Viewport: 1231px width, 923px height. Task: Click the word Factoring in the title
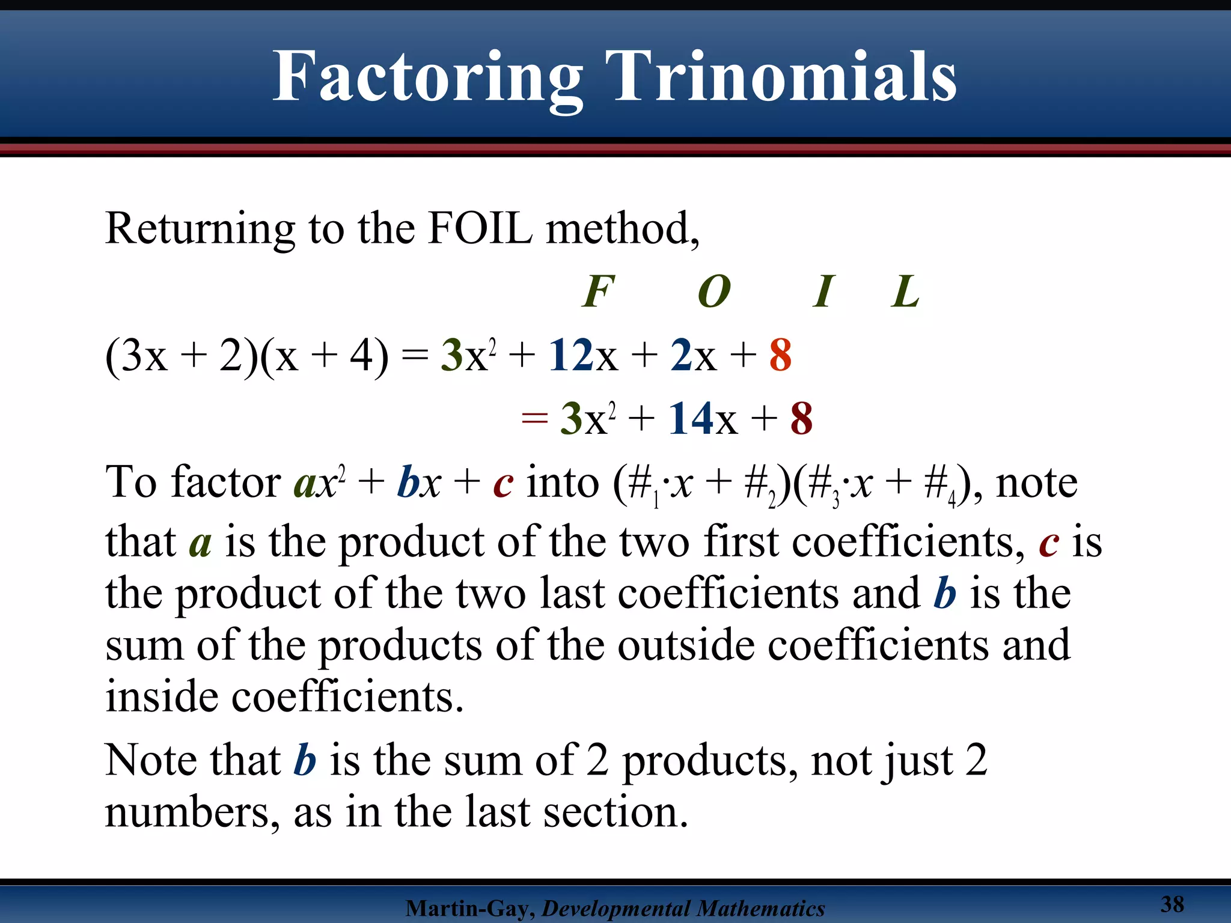tap(427, 78)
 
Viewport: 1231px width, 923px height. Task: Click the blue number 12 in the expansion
tap(571, 355)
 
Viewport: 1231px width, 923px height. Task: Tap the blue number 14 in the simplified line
tap(691, 418)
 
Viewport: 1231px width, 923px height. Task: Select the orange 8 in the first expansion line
tap(780, 355)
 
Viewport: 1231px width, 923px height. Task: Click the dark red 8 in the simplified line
tap(801, 418)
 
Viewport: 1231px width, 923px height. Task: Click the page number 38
tap(1172, 904)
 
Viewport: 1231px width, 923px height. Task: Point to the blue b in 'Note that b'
tap(305, 760)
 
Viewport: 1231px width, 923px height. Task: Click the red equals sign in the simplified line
tap(534, 419)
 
